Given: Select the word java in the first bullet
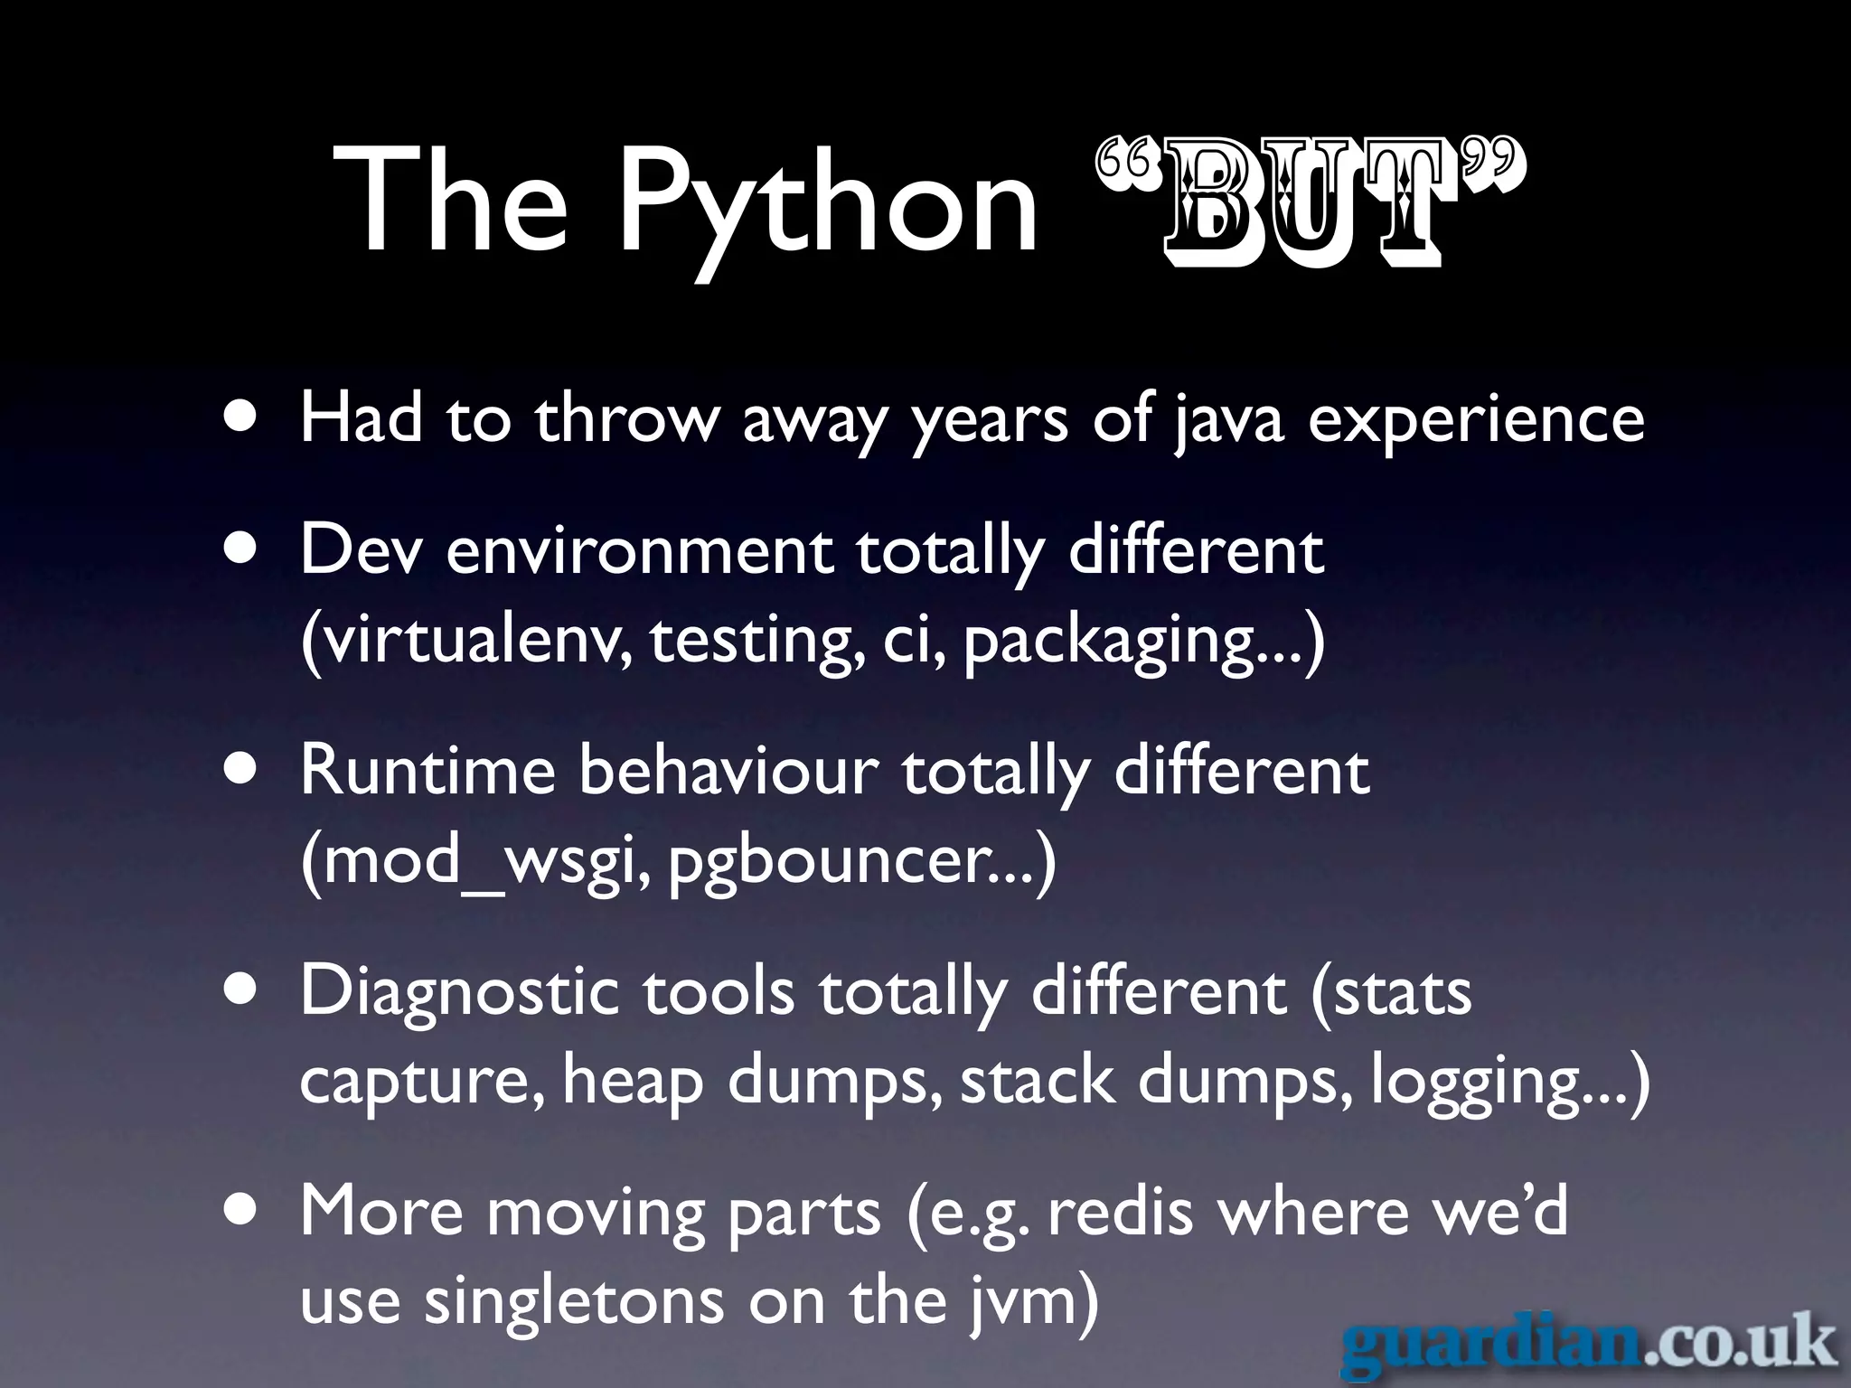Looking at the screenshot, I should coord(1229,420).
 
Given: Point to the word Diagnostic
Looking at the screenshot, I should coord(459,992).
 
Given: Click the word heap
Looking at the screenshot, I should coord(633,1083).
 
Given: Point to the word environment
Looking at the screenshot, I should coord(640,551).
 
